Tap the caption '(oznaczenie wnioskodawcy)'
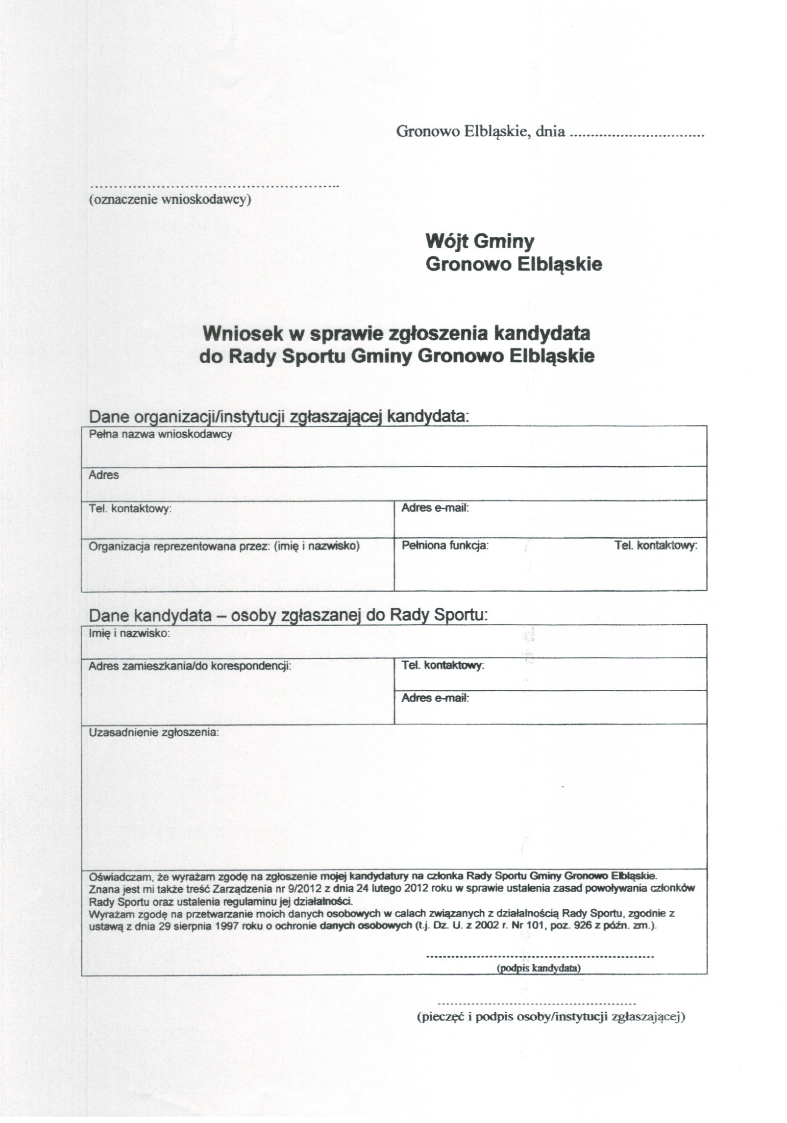pyautogui.click(x=170, y=200)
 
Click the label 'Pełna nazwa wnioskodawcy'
pyautogui.click(x=160, y=434)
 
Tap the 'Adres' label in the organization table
pyautogui.click(x=103, y=474)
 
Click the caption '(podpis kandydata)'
pyautogui.click(x=539, y=968)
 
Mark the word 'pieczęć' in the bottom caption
pyautogui.click(x=441, y=1017)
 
